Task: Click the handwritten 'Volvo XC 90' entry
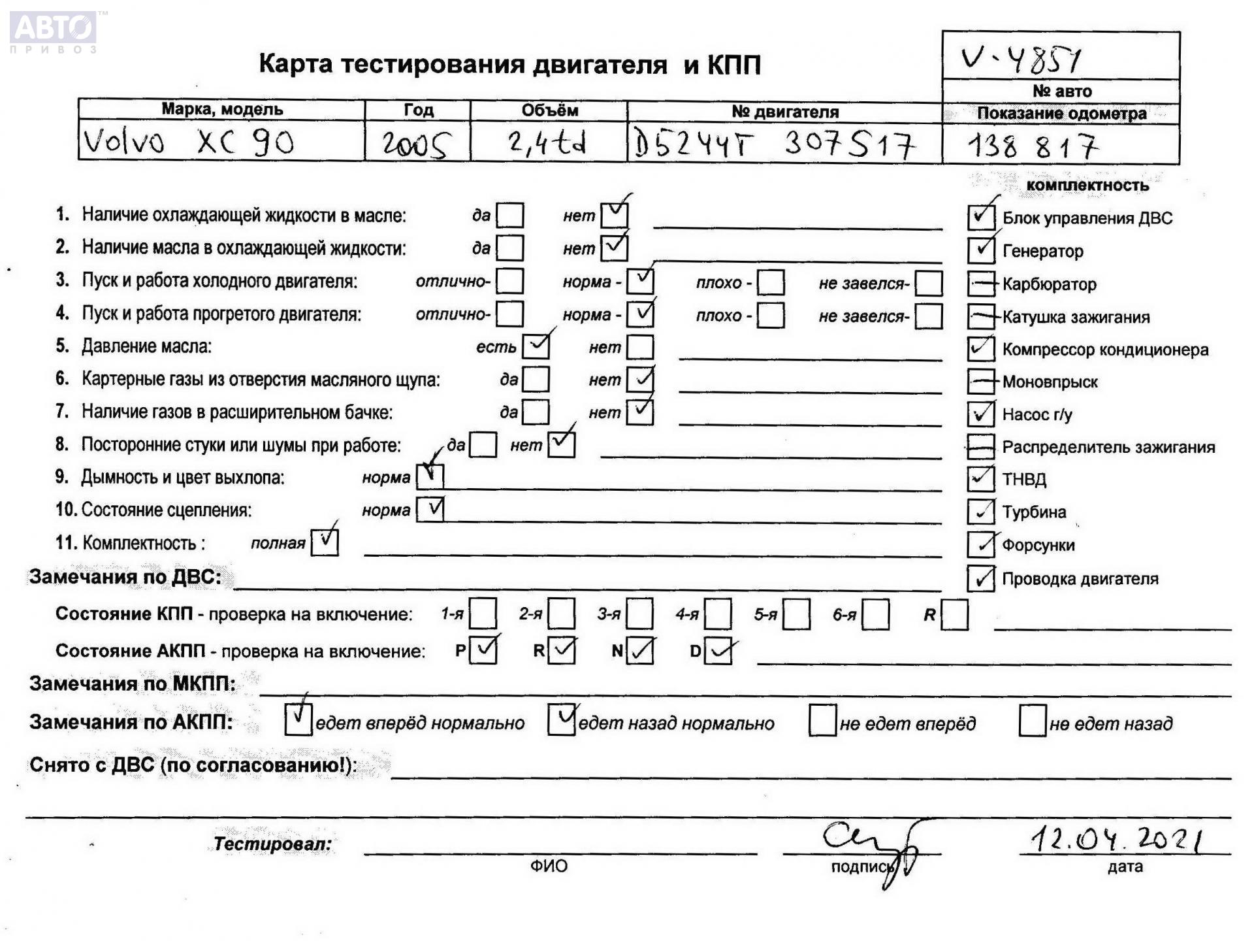pyautogui.click(x=189, y=142)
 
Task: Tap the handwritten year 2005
pyautogui.click(x=416, y=144)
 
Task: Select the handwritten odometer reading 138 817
pyautogui.click(x=1032, y=146)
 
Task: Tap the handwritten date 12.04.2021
pyautogui.click(x=1116, y=838)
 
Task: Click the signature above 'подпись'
pyautogui.click(x=872, y=846)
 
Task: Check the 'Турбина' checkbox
pyautogui.click(x=980, y=512)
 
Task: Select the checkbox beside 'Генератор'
pyautogui.click(x=980, y=250)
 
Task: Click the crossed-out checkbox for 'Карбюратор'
pyautogui.click(x=980, y=284)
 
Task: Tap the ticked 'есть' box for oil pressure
pyautogui.click(x=536, y=347)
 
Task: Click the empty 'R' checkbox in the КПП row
pyautogui.click(x=954, y=615)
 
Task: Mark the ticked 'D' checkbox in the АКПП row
pyautogui.click(x=718, y=652)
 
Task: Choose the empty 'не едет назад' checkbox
pyautogui.click(x=1032, y=721)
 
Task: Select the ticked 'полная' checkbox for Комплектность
pyautogui.click(x=325, y=542)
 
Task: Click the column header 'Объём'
pyautogui.click(x=549, y=110)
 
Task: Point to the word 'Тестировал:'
pyautogui.click(x=272, y=844)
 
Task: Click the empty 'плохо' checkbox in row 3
pyautogui.click(x=771, y=283)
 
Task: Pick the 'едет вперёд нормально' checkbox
pyautogui.click(x=298, y=720)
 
